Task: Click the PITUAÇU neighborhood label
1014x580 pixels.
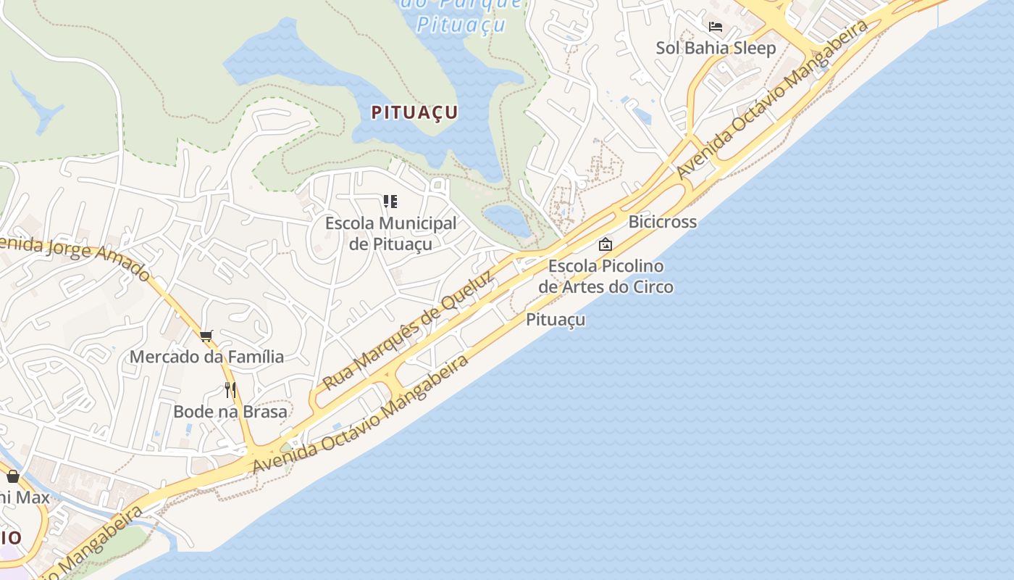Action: (414, 112)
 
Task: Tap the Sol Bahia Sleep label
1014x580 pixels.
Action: (716, 48)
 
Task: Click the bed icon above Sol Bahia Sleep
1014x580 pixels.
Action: (716, 27)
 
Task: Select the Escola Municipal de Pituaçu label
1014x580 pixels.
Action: (390, 233)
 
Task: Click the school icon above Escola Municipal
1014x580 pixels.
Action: (390, 201)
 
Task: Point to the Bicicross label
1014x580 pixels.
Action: (662, 222)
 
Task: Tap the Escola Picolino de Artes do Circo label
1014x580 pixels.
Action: (606, 276)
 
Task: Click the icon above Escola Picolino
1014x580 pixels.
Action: (605, 244)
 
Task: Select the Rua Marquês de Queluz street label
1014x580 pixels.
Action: (408, 330)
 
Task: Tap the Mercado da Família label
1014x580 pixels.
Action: (206, 357)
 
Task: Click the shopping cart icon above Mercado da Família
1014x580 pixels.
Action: (206, 335)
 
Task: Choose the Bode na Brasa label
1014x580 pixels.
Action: (230, 412)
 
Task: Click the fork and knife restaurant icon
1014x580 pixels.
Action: (230, 390)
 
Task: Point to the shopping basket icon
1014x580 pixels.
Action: (13, 476)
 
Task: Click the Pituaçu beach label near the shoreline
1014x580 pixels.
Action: (556, 320)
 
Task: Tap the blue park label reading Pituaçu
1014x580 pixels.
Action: (461, 24)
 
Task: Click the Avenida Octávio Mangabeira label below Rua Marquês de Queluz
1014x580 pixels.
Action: (361, 414)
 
